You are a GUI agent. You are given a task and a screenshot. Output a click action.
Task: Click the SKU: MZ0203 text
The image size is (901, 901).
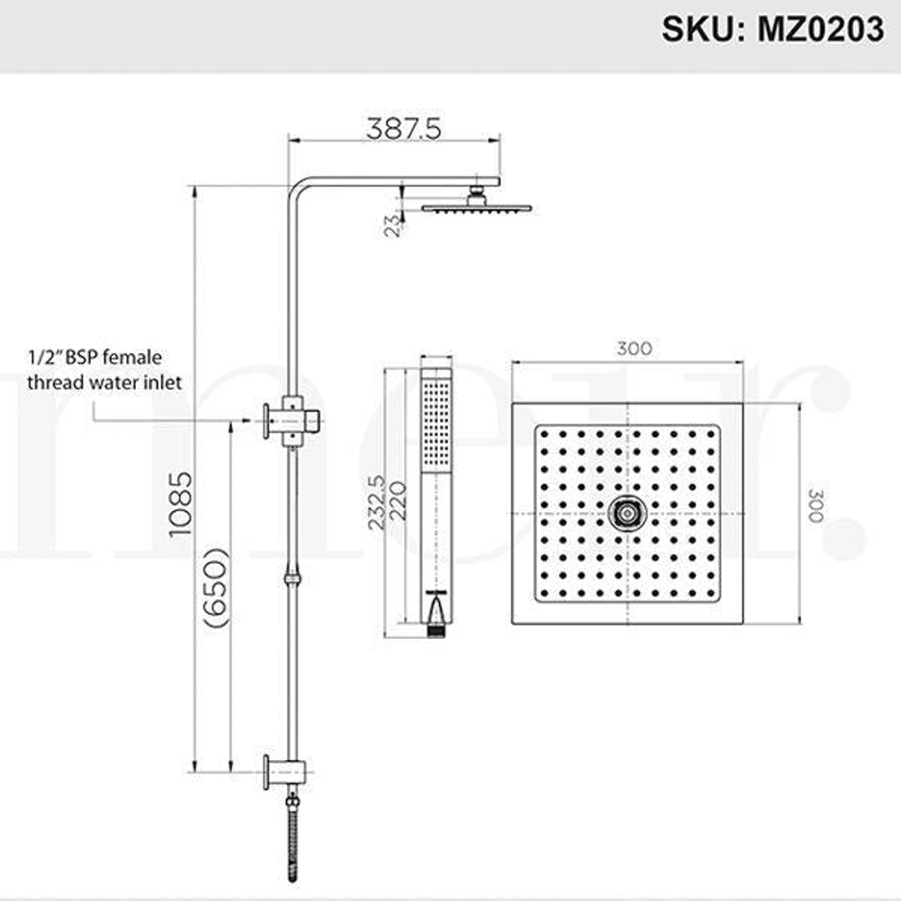[772, 29]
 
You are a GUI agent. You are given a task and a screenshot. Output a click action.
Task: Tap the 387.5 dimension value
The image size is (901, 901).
[403, 128]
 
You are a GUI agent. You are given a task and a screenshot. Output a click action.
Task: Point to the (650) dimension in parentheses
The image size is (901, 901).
[215, 587]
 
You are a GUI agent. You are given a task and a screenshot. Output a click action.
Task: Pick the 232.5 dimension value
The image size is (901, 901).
[376, 502]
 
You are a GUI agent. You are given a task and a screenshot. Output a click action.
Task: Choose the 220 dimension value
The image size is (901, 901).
[398, 501]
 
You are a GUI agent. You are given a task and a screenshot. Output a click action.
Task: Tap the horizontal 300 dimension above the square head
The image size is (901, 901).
[634, 349]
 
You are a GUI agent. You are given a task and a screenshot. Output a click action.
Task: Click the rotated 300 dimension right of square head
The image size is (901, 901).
[814, 506]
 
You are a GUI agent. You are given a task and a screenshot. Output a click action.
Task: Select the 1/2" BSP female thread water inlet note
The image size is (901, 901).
[104, 370]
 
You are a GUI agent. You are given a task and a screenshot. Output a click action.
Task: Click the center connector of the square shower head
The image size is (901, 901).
[627, 513]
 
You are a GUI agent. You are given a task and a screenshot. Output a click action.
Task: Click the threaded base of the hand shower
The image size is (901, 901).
[435, 632]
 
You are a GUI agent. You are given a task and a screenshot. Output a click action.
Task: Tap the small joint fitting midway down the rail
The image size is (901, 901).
[291, 577]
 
